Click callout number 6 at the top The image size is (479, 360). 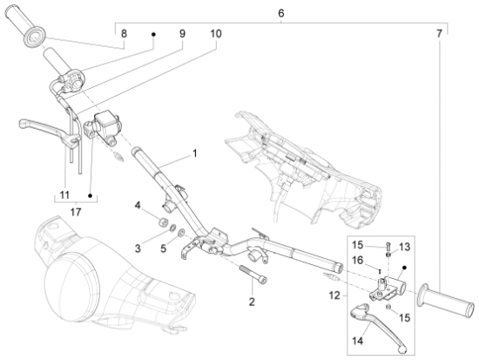(x=280, y=14)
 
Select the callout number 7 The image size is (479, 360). (x=449, y=33)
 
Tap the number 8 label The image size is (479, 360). (x=124, y=33)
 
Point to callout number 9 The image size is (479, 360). (x=182, y=33)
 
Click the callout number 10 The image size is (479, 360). (x=215, y=33)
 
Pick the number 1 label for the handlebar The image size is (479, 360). (x=194, y=153)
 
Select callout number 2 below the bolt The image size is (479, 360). (x=252, y=302)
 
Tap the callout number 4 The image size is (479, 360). (x=137, y=206)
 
